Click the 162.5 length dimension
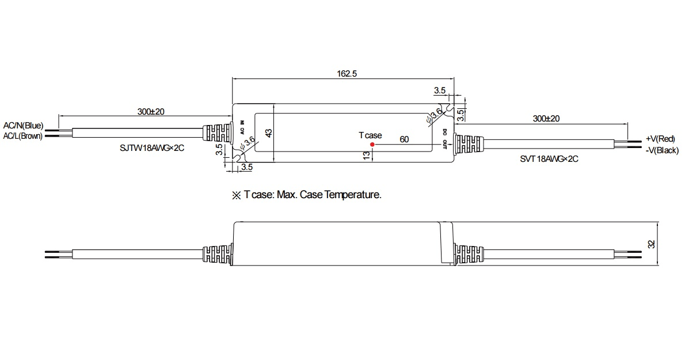click(x=347, y=73)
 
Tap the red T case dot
click(x=372, y=144)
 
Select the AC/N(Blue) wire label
click(x=23, y=126)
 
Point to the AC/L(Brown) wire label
click(x=22, y=136)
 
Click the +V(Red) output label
click(x=660, y=139)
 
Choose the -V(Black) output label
click(x=662, y=150)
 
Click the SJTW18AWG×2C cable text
click(x=152, y=148)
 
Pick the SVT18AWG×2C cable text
click(x=549, y=159)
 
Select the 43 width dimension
click(x=269, y=133)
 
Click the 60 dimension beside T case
click(x=404, y=139)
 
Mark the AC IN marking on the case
click(x=242, y=127)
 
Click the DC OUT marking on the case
click(x=444, y=138)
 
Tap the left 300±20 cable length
click(x=151, y=112)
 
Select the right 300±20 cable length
click(x=546, y=119)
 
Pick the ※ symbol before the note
click(x=237, y=195)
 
